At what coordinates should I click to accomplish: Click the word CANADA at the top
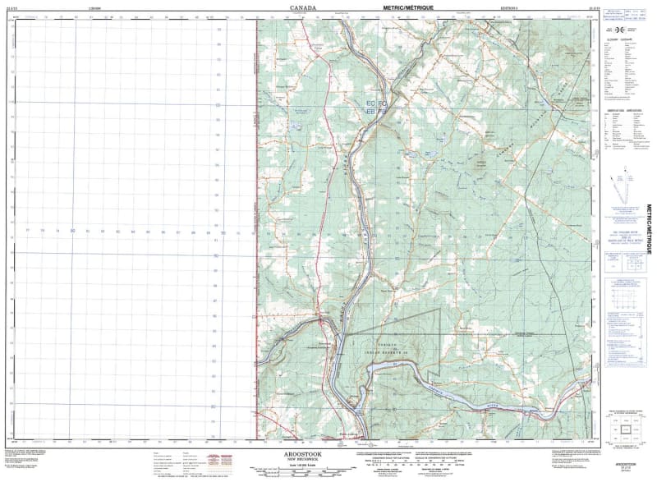click(302, 7)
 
